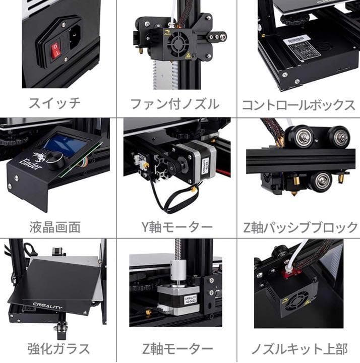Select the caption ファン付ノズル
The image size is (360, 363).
[175, 104]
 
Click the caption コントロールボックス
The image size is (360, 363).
[298, 105]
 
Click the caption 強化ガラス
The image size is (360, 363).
[58, 348]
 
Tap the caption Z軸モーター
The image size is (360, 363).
[176, 348]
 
